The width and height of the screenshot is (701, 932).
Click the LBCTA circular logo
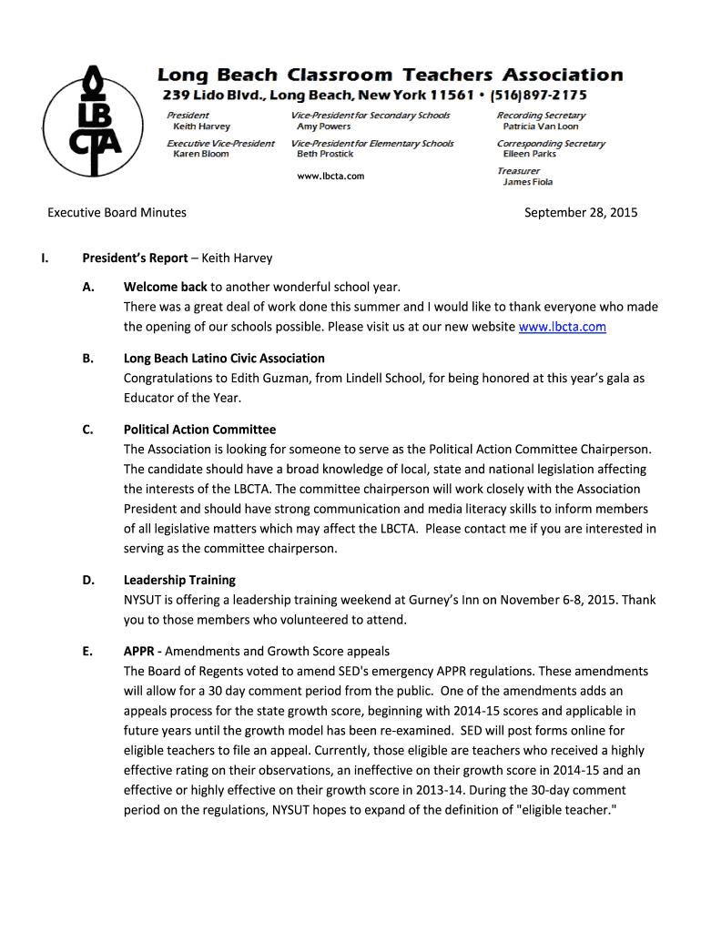click(x=96, y=122)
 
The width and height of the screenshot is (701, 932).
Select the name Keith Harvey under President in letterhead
click(x=201, y=127)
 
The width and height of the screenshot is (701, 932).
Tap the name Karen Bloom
click(x=201, y=155)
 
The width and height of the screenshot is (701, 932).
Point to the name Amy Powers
click(x=323, y=127)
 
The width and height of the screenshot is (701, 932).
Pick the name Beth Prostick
click(x=325, y=155)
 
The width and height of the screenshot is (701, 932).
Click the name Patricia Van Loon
click(x=541, y=127)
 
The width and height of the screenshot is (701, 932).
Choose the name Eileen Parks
click(x=530, y=155)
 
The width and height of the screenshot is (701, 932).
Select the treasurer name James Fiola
click(x=528, y=182)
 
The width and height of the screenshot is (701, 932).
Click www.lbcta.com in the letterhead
click(x=330, y=176)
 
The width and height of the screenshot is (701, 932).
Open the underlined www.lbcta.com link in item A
click(x=562, y=327)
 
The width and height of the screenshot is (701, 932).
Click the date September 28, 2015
click(x=581, y=213)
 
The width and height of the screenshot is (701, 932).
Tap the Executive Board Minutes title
click(x=117, y=213)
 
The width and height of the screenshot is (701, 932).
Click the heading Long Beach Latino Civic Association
click(x=224, y=359)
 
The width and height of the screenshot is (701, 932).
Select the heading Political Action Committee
click(x=199, y=430)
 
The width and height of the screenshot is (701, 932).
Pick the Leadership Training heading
click(x=179, y=580)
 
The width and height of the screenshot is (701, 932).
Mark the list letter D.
click(x=86, y=580)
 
